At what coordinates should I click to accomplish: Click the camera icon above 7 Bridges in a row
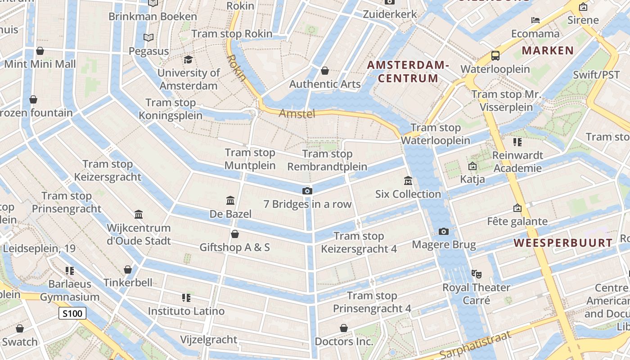click(x=307, y=191)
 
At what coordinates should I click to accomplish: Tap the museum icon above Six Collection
click(x=408, y=181)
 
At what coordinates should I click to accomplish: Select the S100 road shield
click(x=72, y=313)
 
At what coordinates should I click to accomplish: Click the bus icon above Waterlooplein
click(x=495, y=56)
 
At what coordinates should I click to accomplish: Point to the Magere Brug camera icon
click(x=444, y=232)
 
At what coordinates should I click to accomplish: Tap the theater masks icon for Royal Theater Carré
click(x=476, y=274)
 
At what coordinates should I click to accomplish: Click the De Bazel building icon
click(x=230, y=200)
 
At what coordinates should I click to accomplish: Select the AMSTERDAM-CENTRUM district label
click(x=408, y=72)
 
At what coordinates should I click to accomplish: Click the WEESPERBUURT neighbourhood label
click(x=563, y=243)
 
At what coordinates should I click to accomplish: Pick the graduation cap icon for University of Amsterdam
click(x=188, y=59)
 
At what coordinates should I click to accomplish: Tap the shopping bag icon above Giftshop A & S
click(x=234, y=234)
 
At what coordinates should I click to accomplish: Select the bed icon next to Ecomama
click(x=535, y=20)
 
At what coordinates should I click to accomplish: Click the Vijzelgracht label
click(x=208, y=339)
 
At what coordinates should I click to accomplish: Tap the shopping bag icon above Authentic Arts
click(x=325, y=71)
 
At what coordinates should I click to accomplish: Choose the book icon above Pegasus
click(x=148, y=37)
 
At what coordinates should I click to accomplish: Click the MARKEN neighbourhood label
click(x=548, y=50)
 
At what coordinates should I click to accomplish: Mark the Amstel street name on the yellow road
click(x=297, y=113)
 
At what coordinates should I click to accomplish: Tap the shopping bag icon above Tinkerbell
click(x=128, y=270)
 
